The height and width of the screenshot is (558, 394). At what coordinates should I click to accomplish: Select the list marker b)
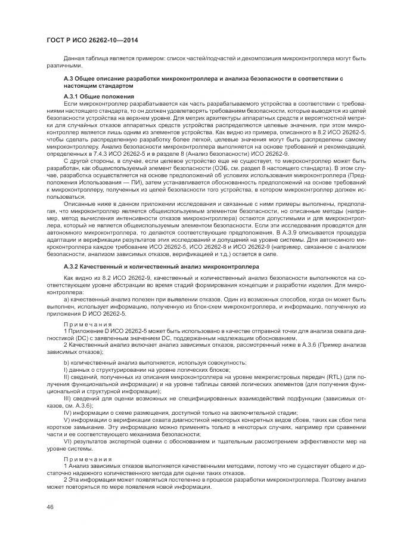click(x=67, y=362)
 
